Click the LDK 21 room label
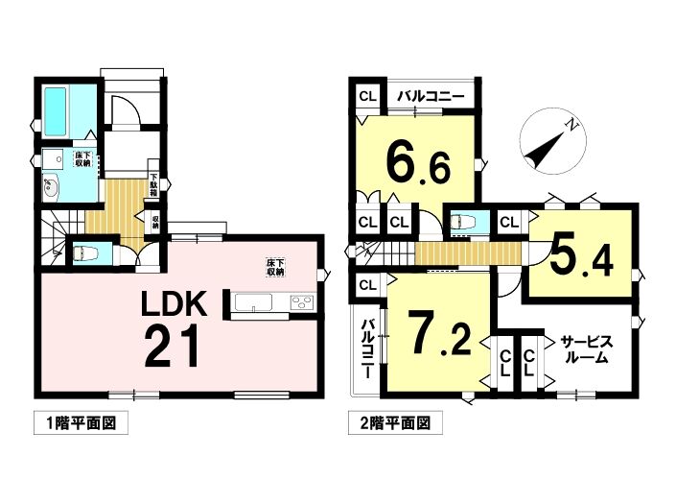tap(173, 327)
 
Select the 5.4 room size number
tap(582, 257)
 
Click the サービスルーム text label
tap(586, 350)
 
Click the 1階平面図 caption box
tap(82, 423)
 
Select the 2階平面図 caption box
tap(395, 423)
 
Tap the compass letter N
tap(571, 126)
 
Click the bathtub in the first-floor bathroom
tap(55, 110)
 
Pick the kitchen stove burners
tap(303, 302)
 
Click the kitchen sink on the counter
tap(253, 302)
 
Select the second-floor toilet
tap(462, 222)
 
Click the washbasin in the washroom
tap(51, 188)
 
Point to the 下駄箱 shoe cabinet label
tap(153, 184)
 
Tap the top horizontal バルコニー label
tap(431, 96)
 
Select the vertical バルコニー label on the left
tap(367, 349)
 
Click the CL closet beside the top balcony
tap(368, 96)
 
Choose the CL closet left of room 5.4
tap(509, 223)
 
